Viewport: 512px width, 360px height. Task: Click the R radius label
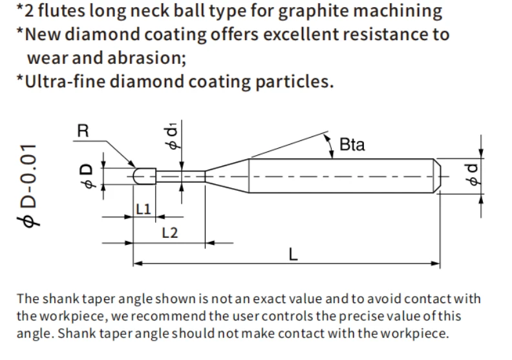[x=83, y=131]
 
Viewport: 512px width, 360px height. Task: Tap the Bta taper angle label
[x=352, y=145]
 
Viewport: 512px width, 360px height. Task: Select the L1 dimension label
[x=144, y=209]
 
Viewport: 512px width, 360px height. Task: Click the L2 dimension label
[x=170, y=233]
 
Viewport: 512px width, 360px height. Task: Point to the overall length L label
[x=293, y=254]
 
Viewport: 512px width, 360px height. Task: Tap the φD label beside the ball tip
[x=87, y=176]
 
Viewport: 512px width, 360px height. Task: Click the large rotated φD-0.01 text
[x=28, y=185]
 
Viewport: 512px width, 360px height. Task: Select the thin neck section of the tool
[x=180, y=176]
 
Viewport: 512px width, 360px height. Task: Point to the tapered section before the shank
[x=227, y=176]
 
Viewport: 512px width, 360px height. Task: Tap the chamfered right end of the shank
[x=437, y=176]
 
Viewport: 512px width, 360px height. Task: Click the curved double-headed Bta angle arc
[x=330, y=145]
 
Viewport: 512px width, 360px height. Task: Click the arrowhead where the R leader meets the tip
[x=132, y=164]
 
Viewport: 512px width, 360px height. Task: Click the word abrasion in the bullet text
[x=146, y=58]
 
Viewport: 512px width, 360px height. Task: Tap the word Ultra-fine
[x=65, y=81]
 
